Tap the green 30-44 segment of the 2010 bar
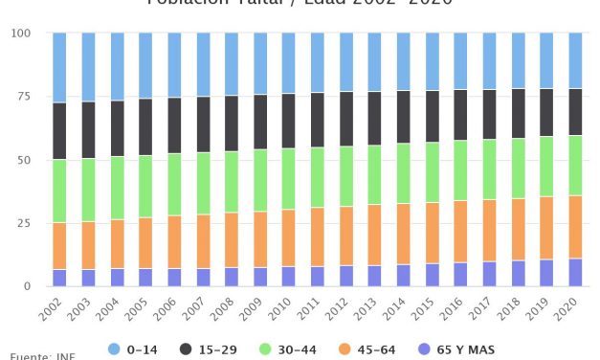288,178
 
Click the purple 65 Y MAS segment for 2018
518,273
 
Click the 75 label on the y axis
23,97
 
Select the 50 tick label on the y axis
23,160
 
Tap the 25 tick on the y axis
23,223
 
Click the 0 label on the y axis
27,286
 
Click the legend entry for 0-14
133,350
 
